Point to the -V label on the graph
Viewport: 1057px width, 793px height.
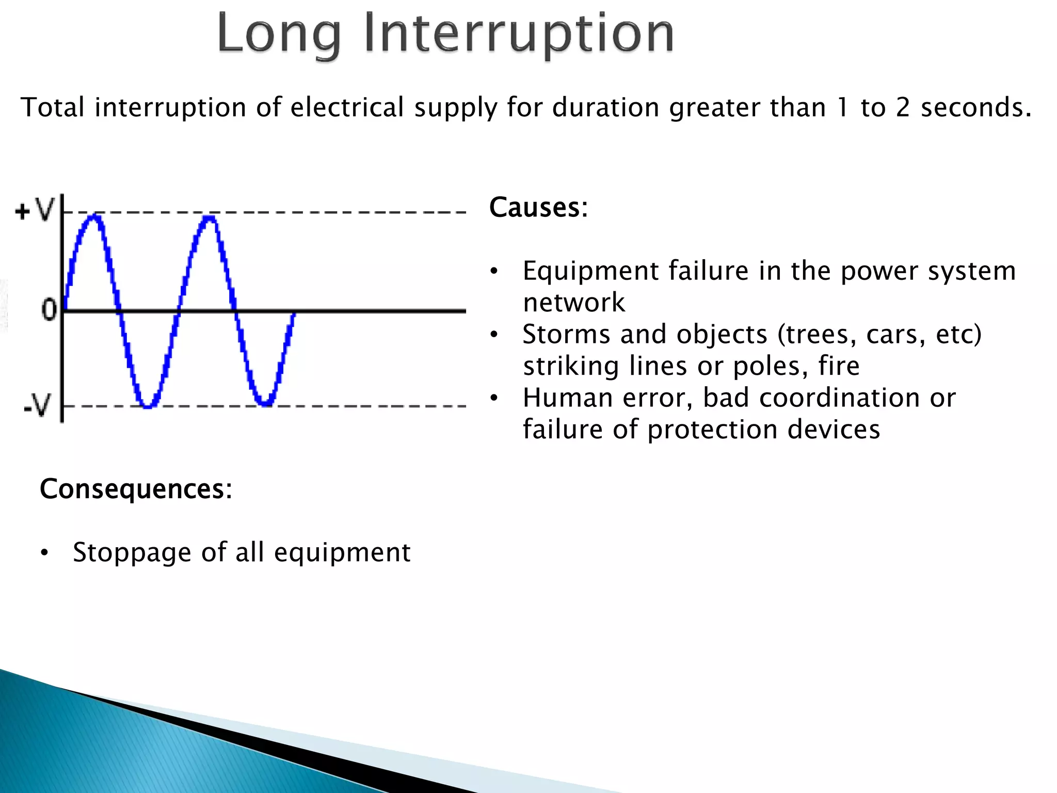click(x=38, y=405)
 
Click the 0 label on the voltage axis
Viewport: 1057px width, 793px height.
click(x=49, y=310)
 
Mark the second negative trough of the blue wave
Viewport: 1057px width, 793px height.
click(x=265, y=403)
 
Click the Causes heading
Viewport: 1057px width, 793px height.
click(x=538, y=208)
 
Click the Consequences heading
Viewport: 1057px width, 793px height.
click(x=136, y=489)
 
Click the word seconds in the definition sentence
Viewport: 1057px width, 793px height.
click(x=975, y=108)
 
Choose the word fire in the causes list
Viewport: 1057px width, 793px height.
click(x=839, y=366)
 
